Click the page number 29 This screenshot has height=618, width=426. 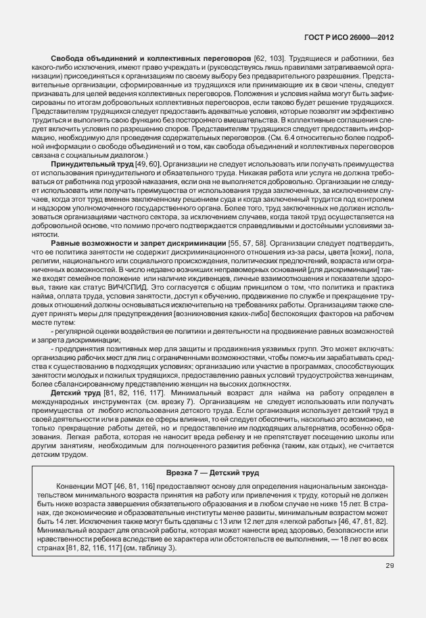[x=389, y=567]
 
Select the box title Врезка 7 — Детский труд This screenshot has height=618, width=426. [x=213, y=472]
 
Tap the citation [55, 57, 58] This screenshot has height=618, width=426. [x=248, y=243]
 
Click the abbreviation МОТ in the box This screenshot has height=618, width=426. [x=103, y=487]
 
